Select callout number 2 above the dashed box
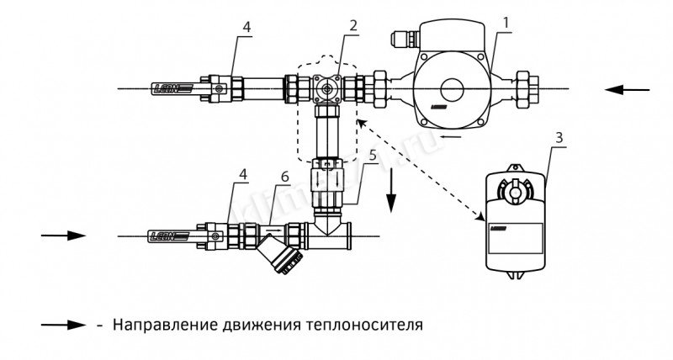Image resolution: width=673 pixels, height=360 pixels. [354, 24]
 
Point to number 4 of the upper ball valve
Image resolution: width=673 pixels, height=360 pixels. [246, 27]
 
